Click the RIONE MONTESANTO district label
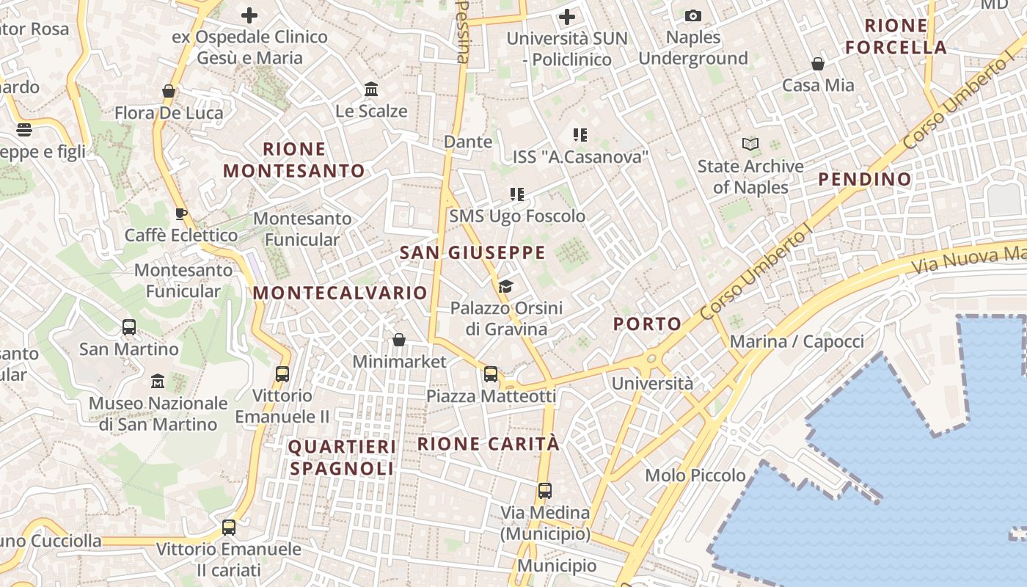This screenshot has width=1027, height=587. click(293, 160)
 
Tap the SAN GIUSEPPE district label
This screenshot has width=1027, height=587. click(472, 253)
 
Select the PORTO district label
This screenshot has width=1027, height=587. click(647, 324)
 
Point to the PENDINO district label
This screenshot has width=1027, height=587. click(865, 179)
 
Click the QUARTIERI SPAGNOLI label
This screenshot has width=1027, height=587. click(342, 458)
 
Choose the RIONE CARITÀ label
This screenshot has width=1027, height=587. click(489, 444)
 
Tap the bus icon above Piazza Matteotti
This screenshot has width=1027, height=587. click(491, 374)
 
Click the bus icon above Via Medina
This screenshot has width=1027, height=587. click(544, 491)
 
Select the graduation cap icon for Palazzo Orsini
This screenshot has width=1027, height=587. click(505, 286)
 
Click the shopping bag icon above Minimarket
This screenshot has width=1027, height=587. click(399, 340)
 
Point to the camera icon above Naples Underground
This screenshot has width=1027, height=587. click(692, 15)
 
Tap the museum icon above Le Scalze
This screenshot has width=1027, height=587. click(371, 90)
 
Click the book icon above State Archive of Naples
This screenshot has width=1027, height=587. click(750, 144)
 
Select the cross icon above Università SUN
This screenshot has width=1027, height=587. click(567, 16)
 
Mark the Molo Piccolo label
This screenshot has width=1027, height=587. click(695, 475)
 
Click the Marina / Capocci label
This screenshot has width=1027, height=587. click(797, 341)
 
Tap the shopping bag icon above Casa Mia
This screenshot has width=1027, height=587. click(818, 64)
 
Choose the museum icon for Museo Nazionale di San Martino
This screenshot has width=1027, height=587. click(158, 382)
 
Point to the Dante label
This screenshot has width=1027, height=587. click(468, 142)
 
